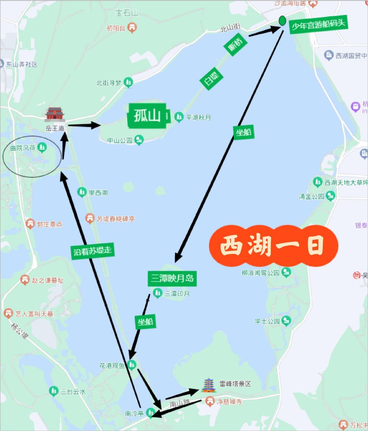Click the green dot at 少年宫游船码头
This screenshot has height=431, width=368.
click(282, 21)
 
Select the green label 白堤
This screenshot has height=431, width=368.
click(211, 78)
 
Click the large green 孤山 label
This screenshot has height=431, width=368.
click(147, 115)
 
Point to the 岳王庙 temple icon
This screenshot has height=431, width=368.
click(55, 114)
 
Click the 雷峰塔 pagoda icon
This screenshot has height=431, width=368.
click(209, 385)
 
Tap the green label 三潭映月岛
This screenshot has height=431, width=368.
click(172, 278)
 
